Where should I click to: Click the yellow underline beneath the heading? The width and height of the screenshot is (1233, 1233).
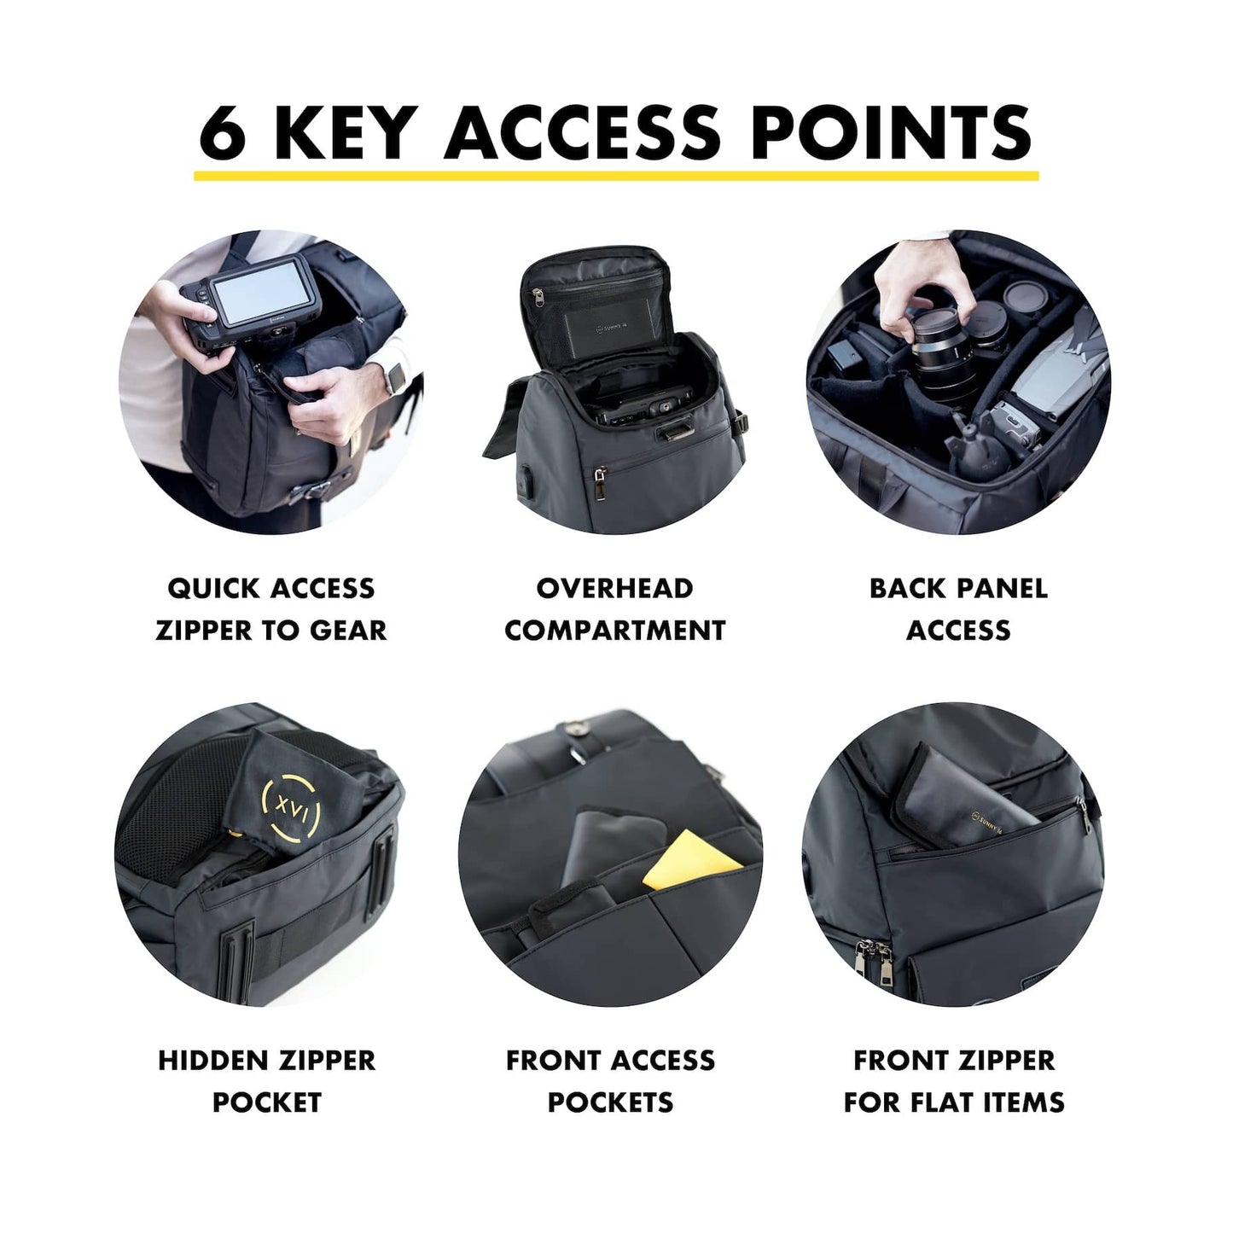tap(615, 175)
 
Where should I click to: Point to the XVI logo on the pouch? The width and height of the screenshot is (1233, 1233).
tap(291, 807)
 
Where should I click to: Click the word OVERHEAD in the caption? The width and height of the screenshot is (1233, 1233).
tap(614, 589)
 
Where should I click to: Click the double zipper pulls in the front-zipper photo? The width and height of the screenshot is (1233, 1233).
tap(879, 968)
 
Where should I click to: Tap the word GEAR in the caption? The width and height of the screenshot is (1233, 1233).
tap(349, 631)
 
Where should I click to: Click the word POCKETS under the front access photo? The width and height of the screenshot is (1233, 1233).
tap(610, 1102)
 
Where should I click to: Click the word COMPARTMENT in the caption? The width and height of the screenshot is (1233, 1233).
tap(615, 631)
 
